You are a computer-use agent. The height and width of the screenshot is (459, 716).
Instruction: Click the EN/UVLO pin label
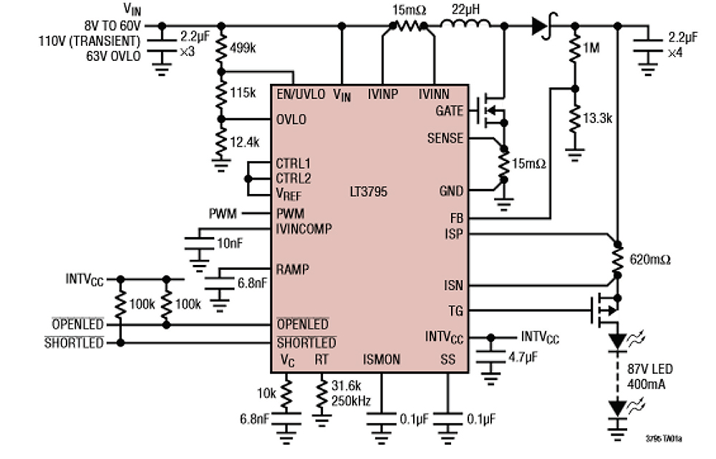click(300, 94)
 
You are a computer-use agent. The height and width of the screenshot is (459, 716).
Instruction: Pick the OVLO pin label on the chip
click(291, 120)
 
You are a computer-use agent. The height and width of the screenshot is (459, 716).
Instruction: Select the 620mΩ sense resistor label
click(649, 259)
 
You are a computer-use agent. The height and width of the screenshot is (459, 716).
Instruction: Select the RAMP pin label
click(292, 270)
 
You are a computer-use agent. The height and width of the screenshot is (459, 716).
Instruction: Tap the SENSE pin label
click(445, 138)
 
